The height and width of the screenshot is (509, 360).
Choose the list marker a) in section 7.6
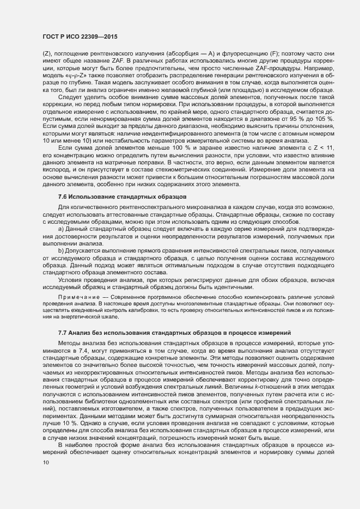[61, 229]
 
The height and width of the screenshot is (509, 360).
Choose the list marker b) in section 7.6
[61, 251]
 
